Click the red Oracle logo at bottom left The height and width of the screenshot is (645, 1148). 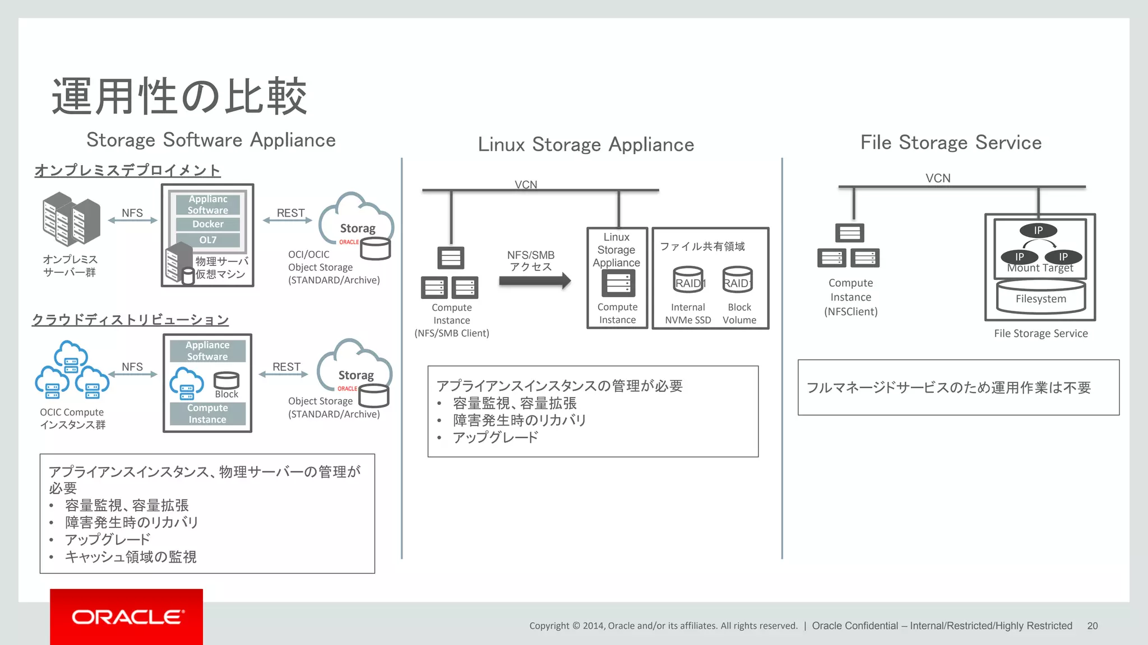point(126,616)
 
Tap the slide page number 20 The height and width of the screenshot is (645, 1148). point(1092,626)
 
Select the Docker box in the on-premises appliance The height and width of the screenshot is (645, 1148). point(208,224)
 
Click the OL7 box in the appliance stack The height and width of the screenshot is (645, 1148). point(208,240)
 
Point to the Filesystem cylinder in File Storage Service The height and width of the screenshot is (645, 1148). point(1040,298)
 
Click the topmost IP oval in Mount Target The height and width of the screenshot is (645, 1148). point(1038,230)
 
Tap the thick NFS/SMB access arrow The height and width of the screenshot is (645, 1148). point(534,281)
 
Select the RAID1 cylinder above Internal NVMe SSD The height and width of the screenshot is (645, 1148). point(688,280)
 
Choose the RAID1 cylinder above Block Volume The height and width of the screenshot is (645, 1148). point(738,280)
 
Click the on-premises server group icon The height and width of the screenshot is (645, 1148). point(71,219)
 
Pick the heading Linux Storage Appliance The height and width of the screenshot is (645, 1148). point(586,144)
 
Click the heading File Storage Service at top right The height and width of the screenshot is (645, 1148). point(951,142)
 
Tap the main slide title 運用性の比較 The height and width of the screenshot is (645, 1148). point(179,96)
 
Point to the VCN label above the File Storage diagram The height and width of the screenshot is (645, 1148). point(938,178)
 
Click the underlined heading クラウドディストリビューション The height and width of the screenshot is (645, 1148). point(130,320)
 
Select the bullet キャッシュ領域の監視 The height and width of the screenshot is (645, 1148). point(131,557)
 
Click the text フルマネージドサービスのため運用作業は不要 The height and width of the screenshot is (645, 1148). point(948,387)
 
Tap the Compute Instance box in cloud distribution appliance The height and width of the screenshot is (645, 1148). point(207,414)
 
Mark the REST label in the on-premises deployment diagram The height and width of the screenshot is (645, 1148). point(290,213)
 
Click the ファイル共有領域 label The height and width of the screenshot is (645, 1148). point(702,246)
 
